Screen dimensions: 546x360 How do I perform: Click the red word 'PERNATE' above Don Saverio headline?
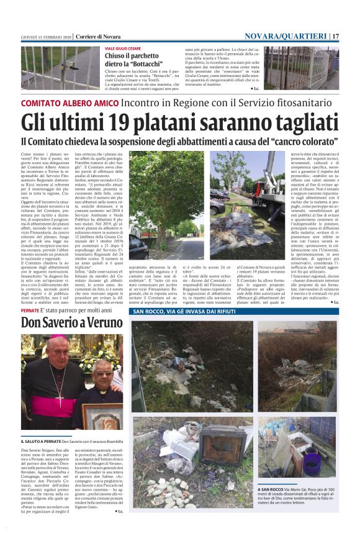tap(30, 309)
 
